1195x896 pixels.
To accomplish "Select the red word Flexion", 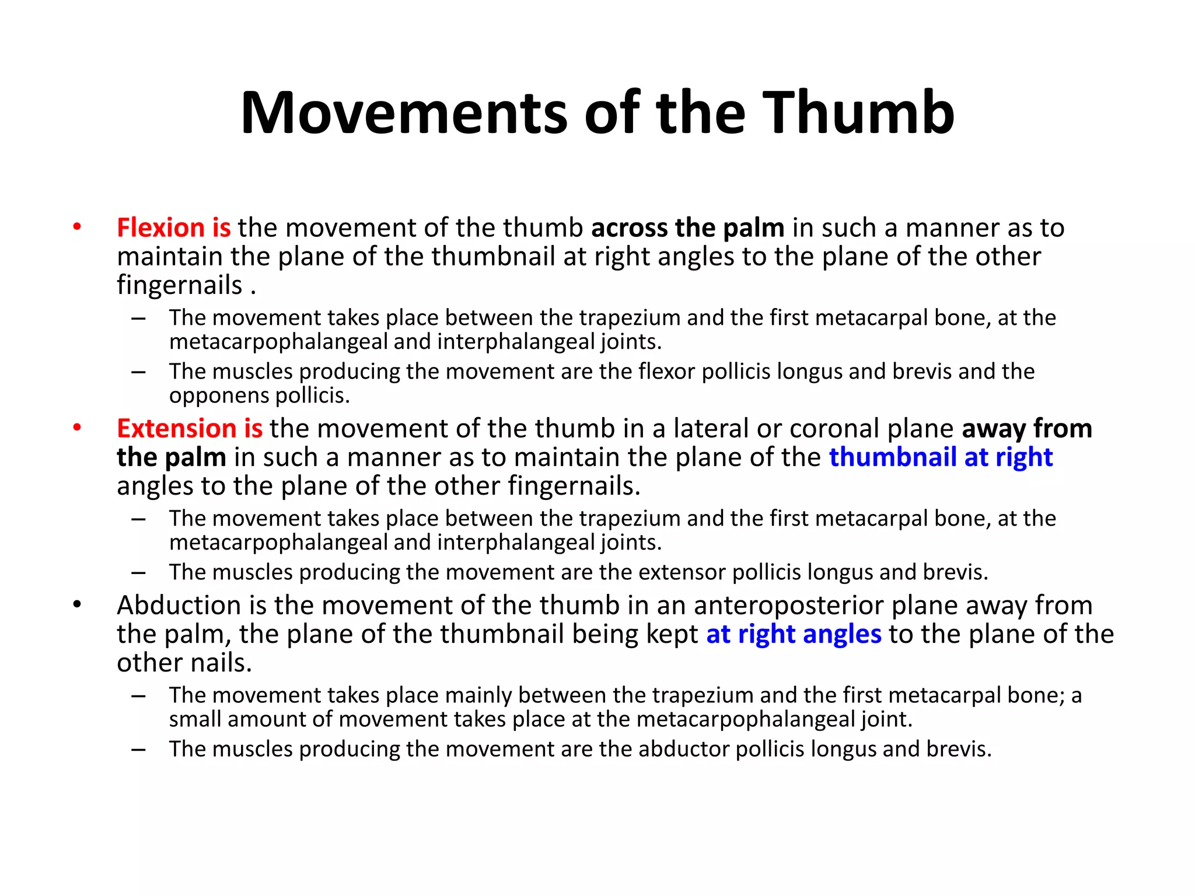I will [160, 228].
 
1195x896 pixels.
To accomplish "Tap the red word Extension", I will [176, 428].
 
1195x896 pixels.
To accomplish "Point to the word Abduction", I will [179, 605].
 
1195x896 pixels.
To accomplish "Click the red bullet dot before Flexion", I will [77, 227].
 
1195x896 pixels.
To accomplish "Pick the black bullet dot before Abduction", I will [77, 605].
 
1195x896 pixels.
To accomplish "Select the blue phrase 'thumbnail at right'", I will [941, 457].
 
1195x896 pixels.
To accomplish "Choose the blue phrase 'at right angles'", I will [794, 634].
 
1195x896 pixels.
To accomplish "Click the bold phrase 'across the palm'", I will [687, 228].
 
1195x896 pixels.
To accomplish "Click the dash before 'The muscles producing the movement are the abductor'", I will [138, 749].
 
